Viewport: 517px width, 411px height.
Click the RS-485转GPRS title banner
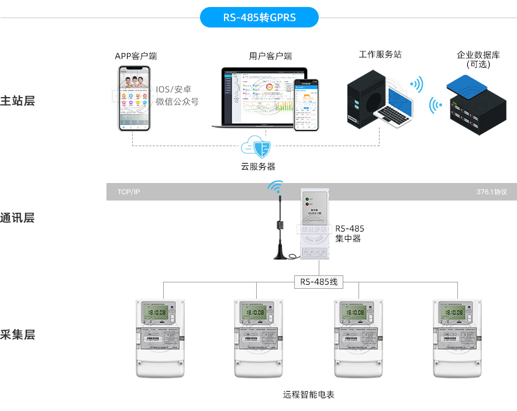coord(259,18)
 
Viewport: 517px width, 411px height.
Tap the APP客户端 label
coord(136,56)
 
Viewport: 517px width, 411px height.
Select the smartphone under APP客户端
coord(134,98)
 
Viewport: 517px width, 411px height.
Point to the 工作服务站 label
coord(380,54)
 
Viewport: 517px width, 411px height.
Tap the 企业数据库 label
coord(478,56)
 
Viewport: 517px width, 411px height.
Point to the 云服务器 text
coord(258,167)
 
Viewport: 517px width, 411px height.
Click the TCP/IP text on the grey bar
coord(129,192)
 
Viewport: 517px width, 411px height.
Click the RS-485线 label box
coord(319,282)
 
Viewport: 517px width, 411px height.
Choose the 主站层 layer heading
coord(18,101)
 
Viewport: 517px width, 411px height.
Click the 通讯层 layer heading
coord(18,218)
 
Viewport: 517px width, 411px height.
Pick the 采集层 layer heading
coord(18,335)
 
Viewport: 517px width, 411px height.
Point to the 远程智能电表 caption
coord(309,395)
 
